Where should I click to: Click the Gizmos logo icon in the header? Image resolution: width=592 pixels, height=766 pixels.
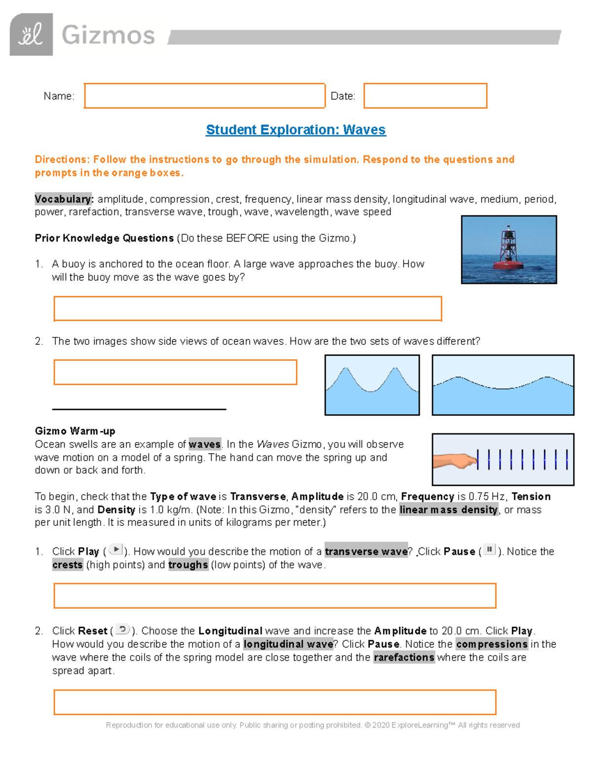point(31,35)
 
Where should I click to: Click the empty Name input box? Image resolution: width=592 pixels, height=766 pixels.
point(204,96)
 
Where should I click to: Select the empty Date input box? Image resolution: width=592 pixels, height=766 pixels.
point(425,96)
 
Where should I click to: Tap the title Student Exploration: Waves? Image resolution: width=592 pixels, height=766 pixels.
point(296,130)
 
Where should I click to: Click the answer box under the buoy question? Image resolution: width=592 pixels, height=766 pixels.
point(247,309)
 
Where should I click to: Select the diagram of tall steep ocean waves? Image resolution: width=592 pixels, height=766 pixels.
point(372,385)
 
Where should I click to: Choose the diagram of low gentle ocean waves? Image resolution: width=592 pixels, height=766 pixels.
point(503,385)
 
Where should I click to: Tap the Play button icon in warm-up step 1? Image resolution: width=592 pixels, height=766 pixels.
point(115,549)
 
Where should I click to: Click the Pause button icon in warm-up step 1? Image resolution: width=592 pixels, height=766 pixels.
point(489,549)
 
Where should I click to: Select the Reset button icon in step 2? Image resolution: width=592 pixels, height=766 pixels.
point(122,629)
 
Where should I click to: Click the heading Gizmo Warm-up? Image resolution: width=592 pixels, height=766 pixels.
point(75,431)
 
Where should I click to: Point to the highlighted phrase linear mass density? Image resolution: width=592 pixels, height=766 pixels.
point(448,510)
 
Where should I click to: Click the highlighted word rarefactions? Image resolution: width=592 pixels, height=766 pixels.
point(404,657)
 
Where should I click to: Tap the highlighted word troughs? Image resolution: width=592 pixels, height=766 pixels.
point(188,565)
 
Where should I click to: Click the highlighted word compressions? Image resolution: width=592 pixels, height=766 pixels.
point(491,644)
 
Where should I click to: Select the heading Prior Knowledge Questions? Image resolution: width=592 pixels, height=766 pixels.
point(104,238)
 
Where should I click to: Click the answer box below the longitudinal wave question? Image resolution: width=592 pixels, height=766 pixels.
point(275,702)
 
